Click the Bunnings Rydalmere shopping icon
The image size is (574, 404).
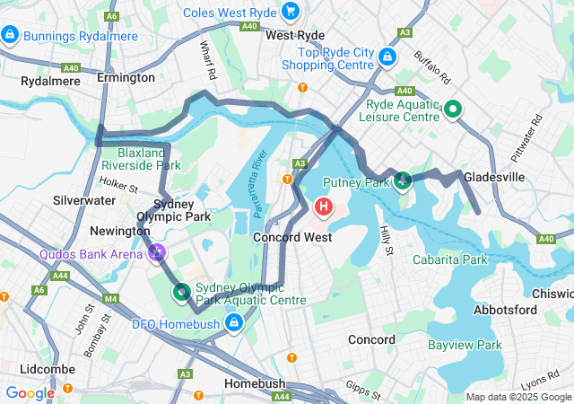(x=10, y=35)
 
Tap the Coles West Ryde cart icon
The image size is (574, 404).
(x=290, y=12)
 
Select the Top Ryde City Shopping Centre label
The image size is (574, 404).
(x=327, y=58)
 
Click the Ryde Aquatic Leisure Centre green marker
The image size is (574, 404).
(x=453, y=110)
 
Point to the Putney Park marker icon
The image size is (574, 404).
(x=403, y=181)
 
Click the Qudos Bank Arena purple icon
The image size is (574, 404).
(x=158, y=253)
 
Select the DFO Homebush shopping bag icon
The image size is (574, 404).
(x=234, y=321)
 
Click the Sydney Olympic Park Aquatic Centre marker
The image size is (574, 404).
(x=181, y=291)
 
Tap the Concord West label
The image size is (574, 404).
(x=292, y=237)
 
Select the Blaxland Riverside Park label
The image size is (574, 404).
(x=141, y=159)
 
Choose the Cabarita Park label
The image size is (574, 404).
(x=449, y=259)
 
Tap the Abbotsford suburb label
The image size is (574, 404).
(x=505, y=310)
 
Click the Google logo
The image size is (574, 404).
(x=30, y=392)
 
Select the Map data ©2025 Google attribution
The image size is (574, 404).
(x=518, y=397)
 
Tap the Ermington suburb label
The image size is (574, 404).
(x=126, y=78)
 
